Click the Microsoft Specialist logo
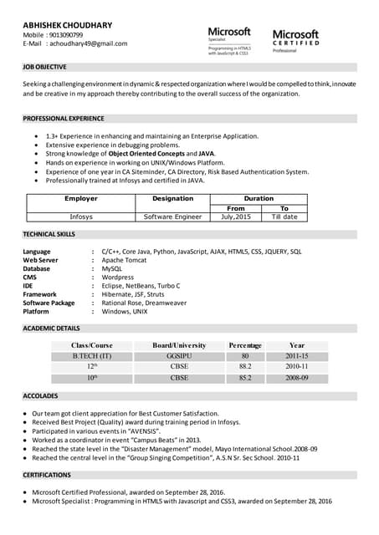pyautogui.click(x=229, y=40)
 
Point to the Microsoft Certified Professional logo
pyautogui.click(x=295, y=41)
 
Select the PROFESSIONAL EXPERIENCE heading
pyautogui.click(x=64, y=119)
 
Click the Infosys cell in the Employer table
pyautogui.click(x=81, y=217)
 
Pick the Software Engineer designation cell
pyautogui.click(x=172, y=217)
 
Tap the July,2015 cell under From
pyautogui.click(x=236, y=217)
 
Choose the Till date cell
pyautogui.click(x=284, y=217)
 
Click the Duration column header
pyautogui.click(x=259, y=199)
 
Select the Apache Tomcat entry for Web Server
pyautogui.click(x=124, y=260)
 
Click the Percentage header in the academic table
pyautogui.click(x=245, y=345)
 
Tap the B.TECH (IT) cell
pyautogui.click(x=92, y=356)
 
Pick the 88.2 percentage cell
pyautogui.click(x=245, y=366)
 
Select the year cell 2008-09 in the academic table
pyautogui.click(x=297, y=378)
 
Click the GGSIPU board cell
pyautogui.click(x=179, y=356)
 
